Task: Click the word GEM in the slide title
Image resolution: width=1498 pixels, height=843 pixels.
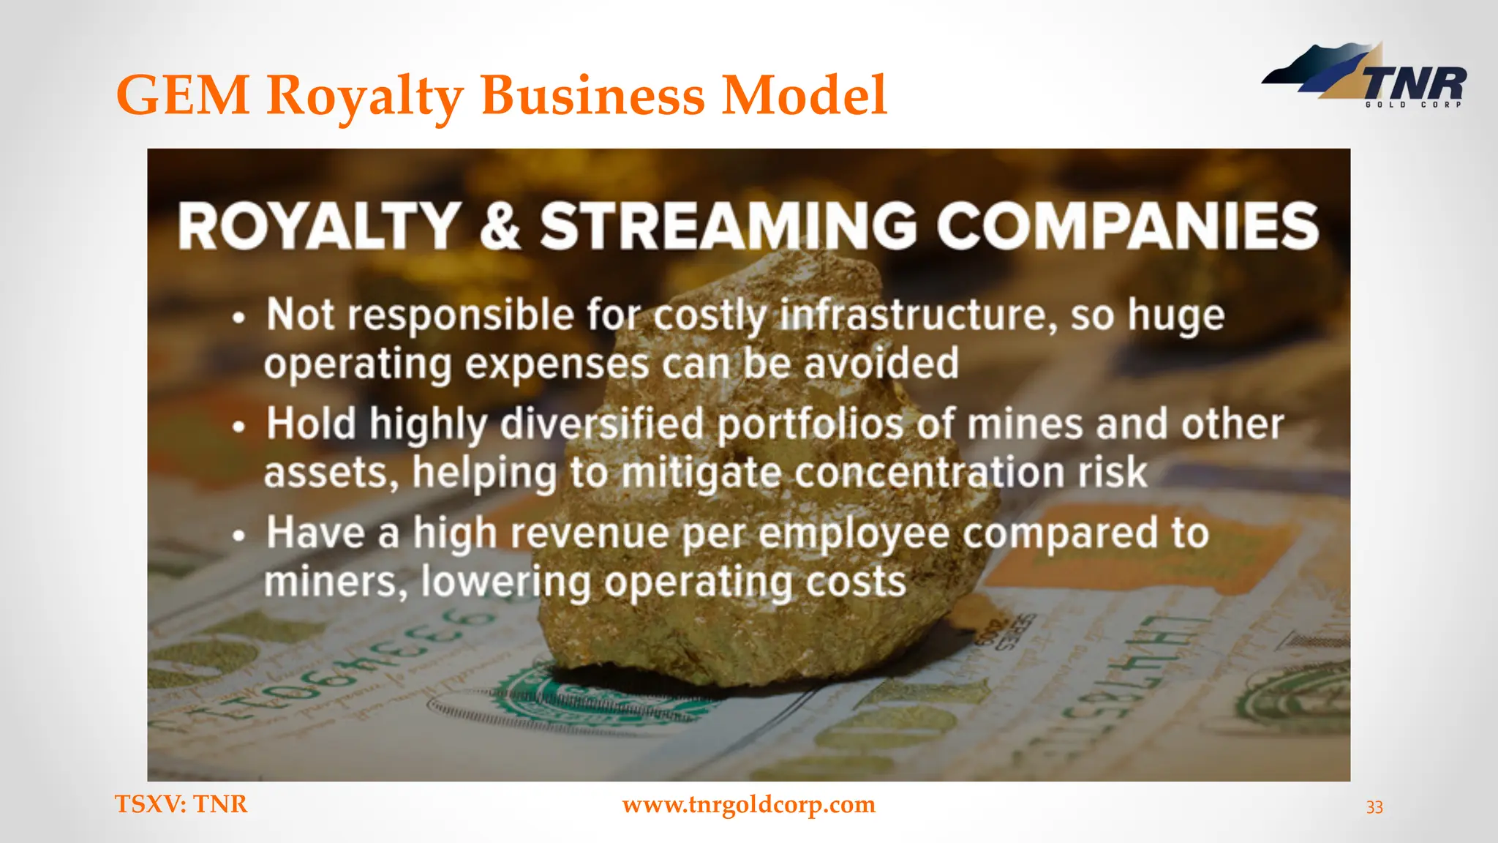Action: click(183, 95)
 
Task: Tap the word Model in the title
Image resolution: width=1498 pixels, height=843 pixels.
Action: click(804, 95)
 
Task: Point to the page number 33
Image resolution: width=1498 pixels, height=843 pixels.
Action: click(1374, 807)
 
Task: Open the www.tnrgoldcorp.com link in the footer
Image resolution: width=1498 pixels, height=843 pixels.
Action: click(748, 804)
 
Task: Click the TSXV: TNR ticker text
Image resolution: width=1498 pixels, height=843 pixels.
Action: click(181, 804)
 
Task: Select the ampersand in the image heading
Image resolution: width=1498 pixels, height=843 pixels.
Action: click(500, 225)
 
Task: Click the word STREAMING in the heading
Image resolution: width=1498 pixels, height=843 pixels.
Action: click(728, 225)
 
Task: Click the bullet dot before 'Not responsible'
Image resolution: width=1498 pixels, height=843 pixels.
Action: click(238, 318)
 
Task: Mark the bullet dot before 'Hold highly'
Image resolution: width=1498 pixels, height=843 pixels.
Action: click(238, 427)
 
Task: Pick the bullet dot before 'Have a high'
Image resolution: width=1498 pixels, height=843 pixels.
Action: click(238, 536)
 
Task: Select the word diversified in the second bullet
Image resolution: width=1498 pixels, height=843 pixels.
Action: click(602, 424)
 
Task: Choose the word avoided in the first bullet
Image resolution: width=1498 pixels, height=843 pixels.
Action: click(881, 364)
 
